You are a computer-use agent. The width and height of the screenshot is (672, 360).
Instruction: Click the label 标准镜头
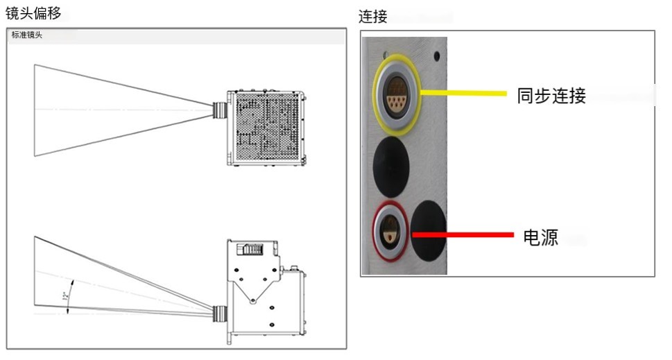pyautogui.click(x=27, y=35)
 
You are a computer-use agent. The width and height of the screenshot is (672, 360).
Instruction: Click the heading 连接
pyautogui.click(x=372, y=17)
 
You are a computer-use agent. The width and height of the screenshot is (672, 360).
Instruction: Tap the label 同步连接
pyautogui.click(x=551, y=96)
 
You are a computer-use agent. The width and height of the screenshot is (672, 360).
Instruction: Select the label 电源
pyautogui.click(x=540, y=237)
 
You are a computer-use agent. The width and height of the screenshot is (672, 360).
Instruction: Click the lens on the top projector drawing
pyautogui.click(x=221, y=110)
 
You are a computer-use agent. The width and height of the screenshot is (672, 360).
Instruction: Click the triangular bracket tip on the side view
pyautogui.click(x=254, y=301)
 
